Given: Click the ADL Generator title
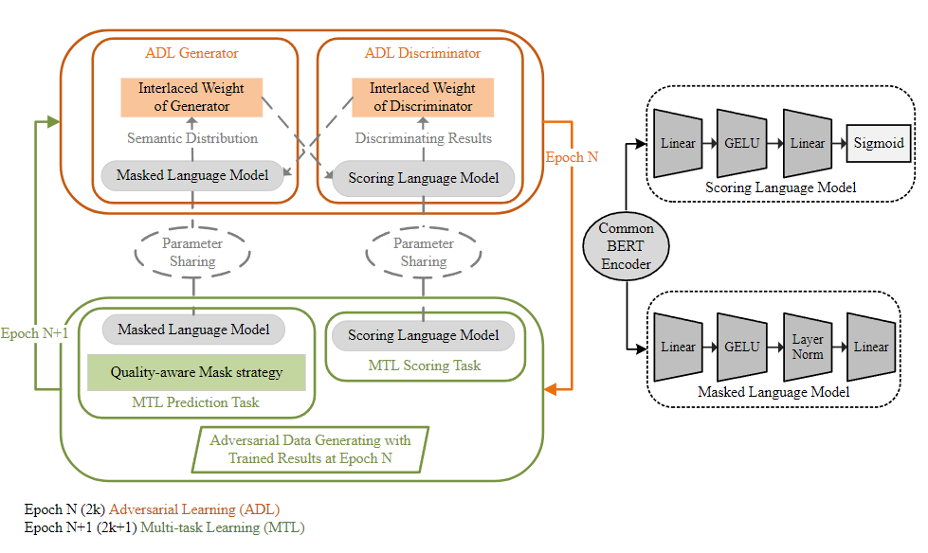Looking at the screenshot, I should pyautogui.click(x=191, y=53).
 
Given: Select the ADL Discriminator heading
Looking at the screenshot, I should pyautogui.click(x=423, y=53).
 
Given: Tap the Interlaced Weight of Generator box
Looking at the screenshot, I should pyautogui.click(x=191, y=97).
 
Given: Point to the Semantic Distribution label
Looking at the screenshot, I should pyautogui.click(x=192, y=138).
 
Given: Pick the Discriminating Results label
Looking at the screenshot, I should pyautogui.click(x=423, y=138).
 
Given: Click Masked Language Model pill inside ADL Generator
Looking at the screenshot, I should pyautogui.click(x=192, y=175).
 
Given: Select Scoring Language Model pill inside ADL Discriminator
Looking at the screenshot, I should pyautogui.click(x=423, y=177).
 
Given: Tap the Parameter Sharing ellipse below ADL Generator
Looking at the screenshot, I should pyautogui.click(x=192, y=252).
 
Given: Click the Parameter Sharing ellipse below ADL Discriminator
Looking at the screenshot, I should pyautogui.click(x=423, y=252).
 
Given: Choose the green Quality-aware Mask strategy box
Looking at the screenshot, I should pyautogui.click(x=196, y=372).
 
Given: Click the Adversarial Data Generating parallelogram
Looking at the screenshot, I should pyautogui.click(x=310, y=449).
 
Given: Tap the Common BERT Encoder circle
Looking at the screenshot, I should pyautogui.click(x=626, y=246).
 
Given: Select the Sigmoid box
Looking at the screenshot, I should pyautogui.click(x=877, y=143).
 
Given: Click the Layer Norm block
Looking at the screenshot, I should pyautogui.click(x=808, y=347).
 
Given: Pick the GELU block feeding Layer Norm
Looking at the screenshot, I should pyautogui.click(x=741, y=347).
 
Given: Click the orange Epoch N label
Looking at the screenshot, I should pyautogui.click(x=572, y=157).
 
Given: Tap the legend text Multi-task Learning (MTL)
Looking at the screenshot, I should pyautogui.click(x=222, y=527).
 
